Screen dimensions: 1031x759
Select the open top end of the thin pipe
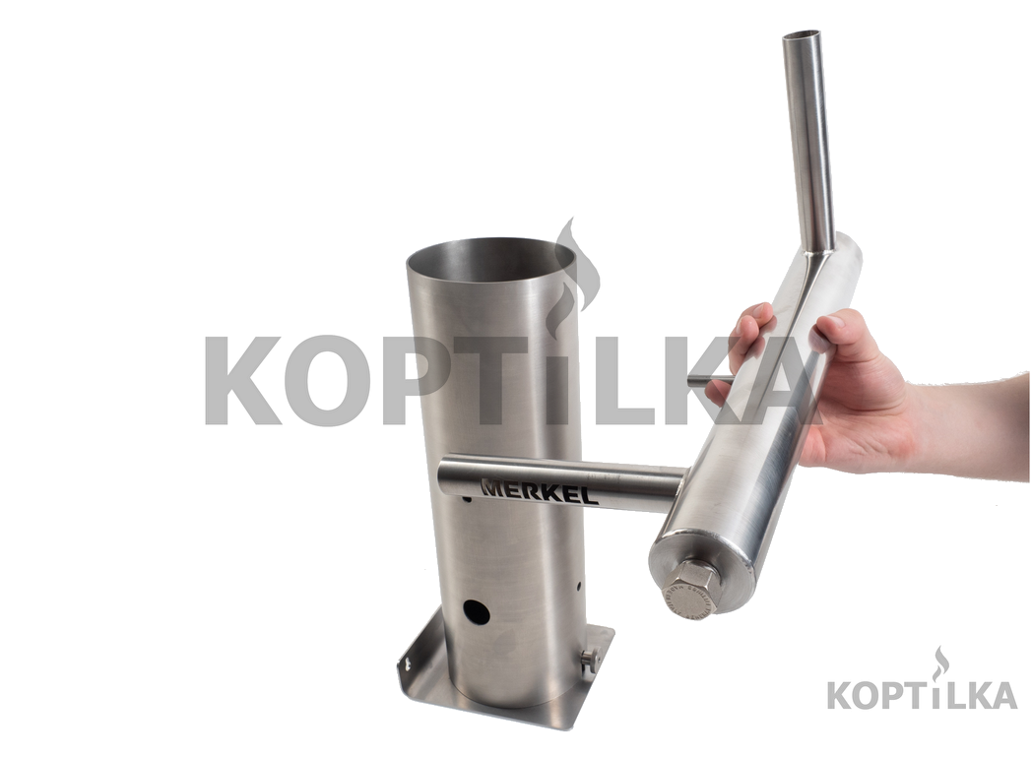coord(803,34)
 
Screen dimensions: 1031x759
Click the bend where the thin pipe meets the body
coord(817,252)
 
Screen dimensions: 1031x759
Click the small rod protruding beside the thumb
coord(710,380)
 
